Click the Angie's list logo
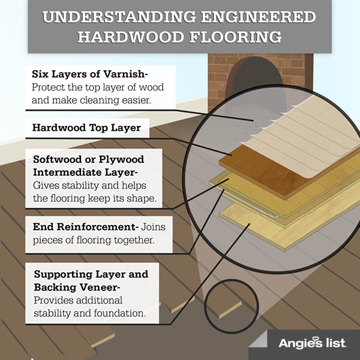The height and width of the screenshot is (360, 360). click(x=311, y=343)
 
